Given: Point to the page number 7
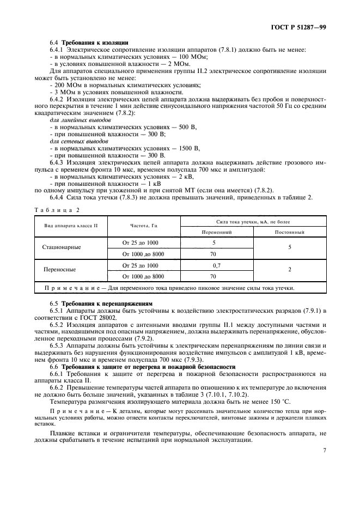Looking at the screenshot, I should tap(325, 450).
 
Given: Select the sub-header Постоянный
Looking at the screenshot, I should tap(289, 232).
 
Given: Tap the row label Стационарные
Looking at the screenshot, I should tap(62, 247).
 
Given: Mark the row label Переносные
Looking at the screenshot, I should tap(60, 270).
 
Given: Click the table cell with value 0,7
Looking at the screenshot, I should tap(217, 265).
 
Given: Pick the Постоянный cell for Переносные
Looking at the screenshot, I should tap(289, 270).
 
